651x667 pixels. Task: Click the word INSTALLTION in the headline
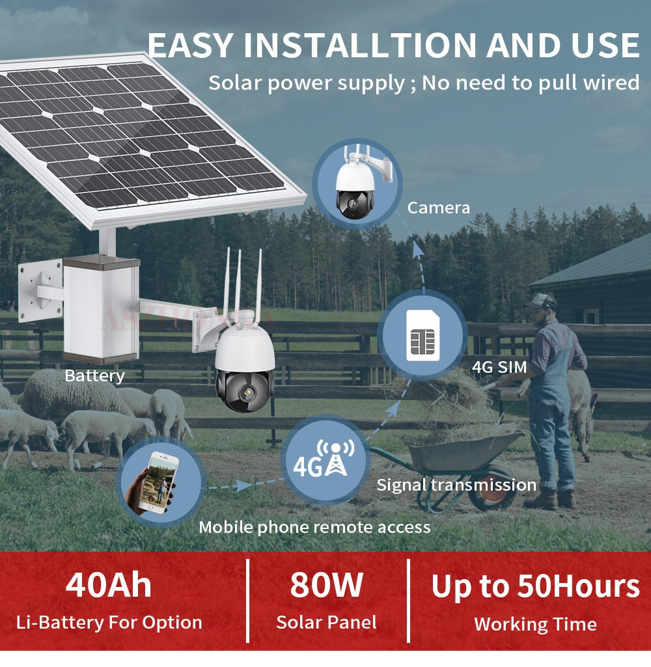(x=361, y=45)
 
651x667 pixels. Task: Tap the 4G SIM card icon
(x=423, y=335)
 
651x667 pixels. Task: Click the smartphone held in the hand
(x=160, y=483)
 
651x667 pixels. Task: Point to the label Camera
(x=439, y=208)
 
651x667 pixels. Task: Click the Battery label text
(x=94, y=375)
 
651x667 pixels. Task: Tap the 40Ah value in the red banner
(x=109, y=585)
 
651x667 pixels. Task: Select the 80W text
(x=326, y=585)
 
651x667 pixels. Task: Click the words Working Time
(x=535, y=625)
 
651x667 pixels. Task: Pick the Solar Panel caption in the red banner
(x=326, y=622)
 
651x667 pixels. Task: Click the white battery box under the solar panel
(x=101, y=309)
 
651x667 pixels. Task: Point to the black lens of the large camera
(x=245, y=390)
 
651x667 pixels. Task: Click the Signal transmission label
(x=456, y=485)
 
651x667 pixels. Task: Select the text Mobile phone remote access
(x=315, y=528)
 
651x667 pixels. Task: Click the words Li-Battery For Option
(x=109, y=623)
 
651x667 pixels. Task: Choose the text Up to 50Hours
(x=535, y=587)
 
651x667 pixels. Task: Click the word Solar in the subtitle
(x=235, y=83)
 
